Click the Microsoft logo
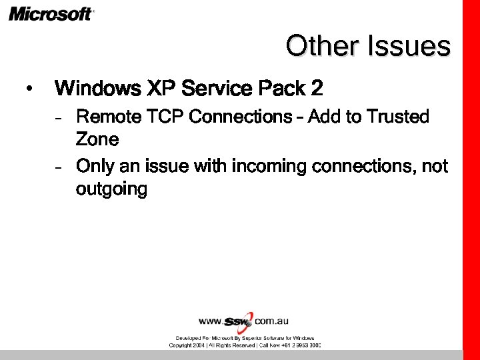point(51,13)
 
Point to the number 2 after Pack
point(316,88)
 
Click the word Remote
point(108,117)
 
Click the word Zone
point(97,140)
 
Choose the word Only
point(96,165)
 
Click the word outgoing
point(111,189)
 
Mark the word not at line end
point(435,165)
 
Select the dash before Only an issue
point(59,166)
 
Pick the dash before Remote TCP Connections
point(59,118)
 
